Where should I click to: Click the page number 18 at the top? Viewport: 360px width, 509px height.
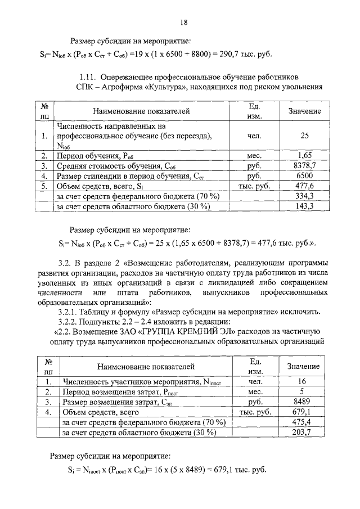coord(183,23)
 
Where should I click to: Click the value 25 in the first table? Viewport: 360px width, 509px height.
coord(305,136)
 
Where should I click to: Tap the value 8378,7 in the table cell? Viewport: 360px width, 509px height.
coord(305,165)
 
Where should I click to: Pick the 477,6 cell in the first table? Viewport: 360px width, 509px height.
coord(305,186)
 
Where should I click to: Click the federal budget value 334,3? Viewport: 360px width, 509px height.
coord(305,196)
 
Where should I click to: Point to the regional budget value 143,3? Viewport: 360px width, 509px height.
coord(305,206)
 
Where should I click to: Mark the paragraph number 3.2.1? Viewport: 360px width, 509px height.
coord(69,312)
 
